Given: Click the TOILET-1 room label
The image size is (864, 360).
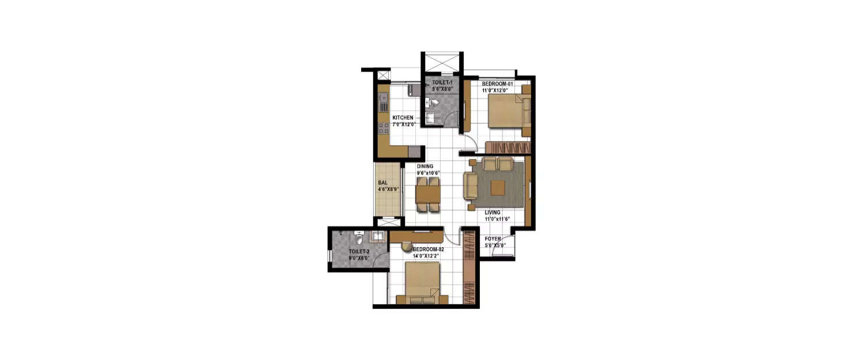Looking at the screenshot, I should [442, 83].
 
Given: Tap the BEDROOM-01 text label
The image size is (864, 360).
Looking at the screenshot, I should [497, 84].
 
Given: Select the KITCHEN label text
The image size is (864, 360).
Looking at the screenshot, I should [403, 118].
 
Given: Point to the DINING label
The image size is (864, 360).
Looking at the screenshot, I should [425, 166].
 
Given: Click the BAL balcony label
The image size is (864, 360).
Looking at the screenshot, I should [382, 183].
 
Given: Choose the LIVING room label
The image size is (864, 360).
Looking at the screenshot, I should [492, 213].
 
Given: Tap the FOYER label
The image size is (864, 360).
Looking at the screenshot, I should [492, 238].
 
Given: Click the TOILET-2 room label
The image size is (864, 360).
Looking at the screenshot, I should [359, 252].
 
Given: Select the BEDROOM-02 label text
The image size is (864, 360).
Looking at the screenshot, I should [428, 249].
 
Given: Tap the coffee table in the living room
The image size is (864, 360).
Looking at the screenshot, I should [498, 188].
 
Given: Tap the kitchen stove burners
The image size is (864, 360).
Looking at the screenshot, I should [382, 129].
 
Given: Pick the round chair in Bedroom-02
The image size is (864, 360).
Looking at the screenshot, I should [407, 247].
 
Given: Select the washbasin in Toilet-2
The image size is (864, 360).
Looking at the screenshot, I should [377, 236].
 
